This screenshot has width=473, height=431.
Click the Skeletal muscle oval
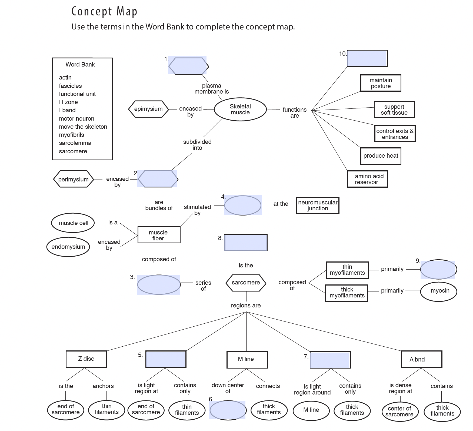[x=240, y=110]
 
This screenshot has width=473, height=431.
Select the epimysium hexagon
[x=148, y=109]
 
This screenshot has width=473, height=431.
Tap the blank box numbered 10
[x=367, y=58]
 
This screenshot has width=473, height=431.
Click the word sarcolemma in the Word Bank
[x=75, y=143]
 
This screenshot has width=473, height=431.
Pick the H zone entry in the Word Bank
[x=68, y=102]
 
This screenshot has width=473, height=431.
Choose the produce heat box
[x=381, y=156]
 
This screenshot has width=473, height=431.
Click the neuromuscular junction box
[x=318, y=205]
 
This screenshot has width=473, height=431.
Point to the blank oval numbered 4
[x=242, y=205]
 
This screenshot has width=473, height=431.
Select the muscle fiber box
[x=159, y=235]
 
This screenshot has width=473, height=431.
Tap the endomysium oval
[x=68, y=247]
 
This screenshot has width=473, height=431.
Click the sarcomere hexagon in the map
[x=246, y=283]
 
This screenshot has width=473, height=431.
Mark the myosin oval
[x=439, y=291]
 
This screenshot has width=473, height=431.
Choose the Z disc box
[x=86, y=359]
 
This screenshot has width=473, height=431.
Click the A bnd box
[x=421, y=359]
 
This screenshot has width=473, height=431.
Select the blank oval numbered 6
[x=228, y=410]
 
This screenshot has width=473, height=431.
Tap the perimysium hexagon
[x=74, y=179]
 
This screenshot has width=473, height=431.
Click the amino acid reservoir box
[x=367, y=179]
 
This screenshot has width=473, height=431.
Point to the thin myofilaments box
[x=347, y=270]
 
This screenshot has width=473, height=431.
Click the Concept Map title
[x=104, y=11]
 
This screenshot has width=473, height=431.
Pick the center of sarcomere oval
[x=399, y=412]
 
